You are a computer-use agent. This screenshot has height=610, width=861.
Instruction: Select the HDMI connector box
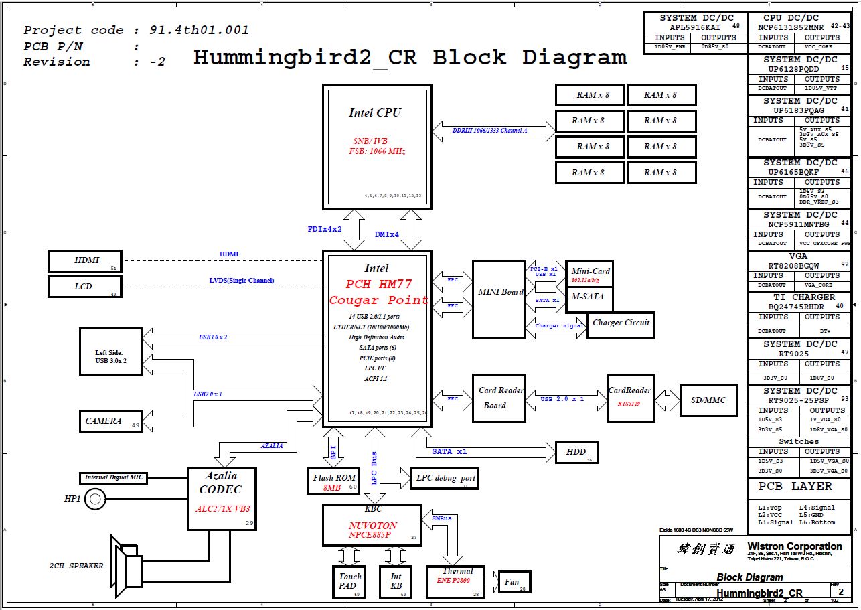click(84, 260)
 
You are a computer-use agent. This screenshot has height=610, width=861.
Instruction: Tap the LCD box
click(84, 287)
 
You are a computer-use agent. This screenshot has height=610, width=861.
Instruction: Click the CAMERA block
click(110, 421)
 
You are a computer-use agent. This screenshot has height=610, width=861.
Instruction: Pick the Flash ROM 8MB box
click(333, 481)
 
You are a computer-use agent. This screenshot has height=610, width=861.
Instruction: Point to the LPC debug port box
click(444, 478)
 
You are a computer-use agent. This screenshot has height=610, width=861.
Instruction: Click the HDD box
click(576, 452)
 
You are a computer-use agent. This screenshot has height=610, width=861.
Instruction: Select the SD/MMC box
click(708, 400)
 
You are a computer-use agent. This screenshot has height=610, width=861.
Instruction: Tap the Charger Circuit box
click(620, 323)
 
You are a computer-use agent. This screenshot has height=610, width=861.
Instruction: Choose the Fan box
click(514, 582)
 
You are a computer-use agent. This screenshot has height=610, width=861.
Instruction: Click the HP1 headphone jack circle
click(96, 498)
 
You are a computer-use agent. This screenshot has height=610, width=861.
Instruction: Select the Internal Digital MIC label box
click(114, 478)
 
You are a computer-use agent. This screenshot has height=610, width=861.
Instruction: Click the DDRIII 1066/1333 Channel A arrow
click(494, 131)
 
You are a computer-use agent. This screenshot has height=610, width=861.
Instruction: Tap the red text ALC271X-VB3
click(222, 509)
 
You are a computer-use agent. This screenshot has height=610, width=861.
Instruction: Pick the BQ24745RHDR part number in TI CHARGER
click(799, 307)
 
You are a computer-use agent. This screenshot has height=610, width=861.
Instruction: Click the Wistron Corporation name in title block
click(794, 546)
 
